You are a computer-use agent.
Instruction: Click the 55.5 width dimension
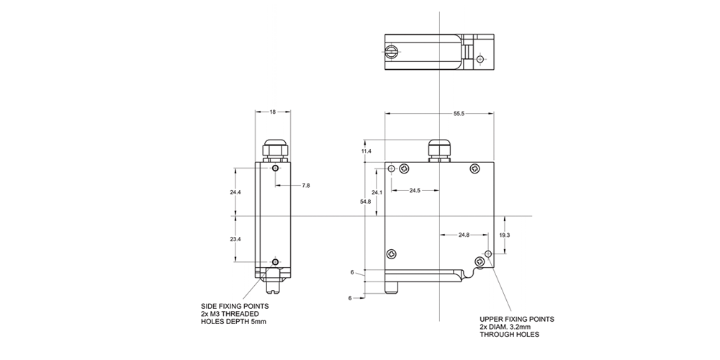458,114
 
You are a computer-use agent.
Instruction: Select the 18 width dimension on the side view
273,112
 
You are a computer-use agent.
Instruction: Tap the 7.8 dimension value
305,186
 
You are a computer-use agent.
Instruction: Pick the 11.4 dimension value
366,152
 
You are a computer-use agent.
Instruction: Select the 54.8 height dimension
366,202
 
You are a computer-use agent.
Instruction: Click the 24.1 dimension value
377,193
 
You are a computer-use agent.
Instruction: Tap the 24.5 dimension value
415,191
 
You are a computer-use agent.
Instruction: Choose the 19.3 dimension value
504,235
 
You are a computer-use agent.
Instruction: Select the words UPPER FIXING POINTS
517,318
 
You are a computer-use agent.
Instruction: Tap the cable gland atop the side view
274,149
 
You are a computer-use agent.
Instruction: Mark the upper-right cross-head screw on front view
474,168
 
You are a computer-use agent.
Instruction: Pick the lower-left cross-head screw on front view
392,253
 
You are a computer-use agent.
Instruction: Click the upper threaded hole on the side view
276,169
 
